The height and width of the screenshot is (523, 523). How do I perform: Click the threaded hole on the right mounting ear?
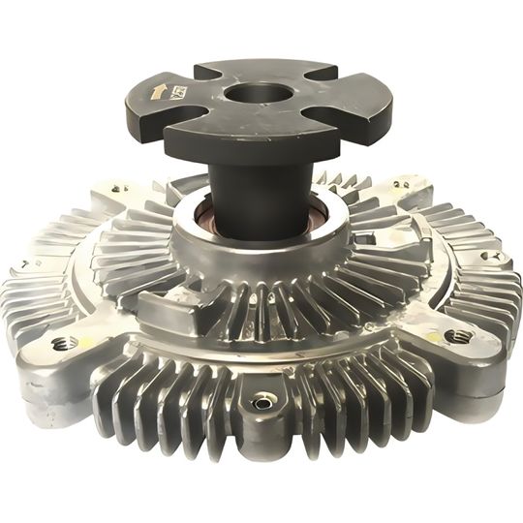458,336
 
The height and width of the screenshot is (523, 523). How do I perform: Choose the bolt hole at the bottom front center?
261,403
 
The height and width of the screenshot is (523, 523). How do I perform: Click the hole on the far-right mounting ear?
491,257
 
